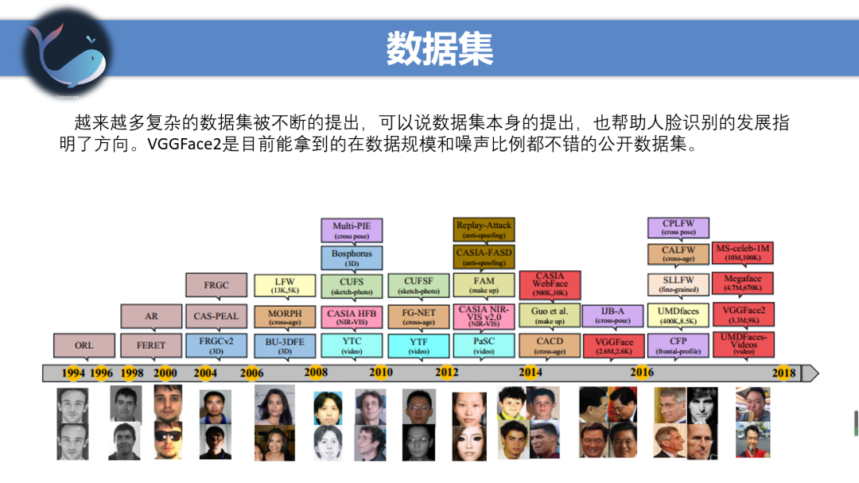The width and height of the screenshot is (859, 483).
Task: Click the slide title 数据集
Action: point(440,49)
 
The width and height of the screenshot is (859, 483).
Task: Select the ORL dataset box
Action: point(84,346)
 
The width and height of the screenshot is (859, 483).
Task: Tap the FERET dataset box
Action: point(151,346)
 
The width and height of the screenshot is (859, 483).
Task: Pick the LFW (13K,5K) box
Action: point(285,285)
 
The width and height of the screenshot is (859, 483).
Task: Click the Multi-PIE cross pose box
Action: point(352,230)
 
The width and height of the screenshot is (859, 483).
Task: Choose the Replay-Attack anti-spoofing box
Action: point(484,230)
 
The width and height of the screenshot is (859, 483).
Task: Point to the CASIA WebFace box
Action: point(550,285)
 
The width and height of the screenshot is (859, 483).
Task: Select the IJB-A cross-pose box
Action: point(612,316)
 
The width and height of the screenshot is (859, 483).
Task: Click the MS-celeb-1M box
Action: point(743,253)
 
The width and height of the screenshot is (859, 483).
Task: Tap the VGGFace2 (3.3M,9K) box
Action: point(743,315)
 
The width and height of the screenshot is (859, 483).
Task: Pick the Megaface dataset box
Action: point(743,284)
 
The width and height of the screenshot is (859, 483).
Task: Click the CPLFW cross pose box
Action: point(678,228)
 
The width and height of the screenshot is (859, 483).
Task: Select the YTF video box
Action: point(418,346)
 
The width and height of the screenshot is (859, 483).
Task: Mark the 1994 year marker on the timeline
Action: point(73,373)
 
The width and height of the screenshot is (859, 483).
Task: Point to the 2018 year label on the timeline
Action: point(783,373)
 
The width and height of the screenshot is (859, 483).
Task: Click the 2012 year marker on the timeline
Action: point(446,373)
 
